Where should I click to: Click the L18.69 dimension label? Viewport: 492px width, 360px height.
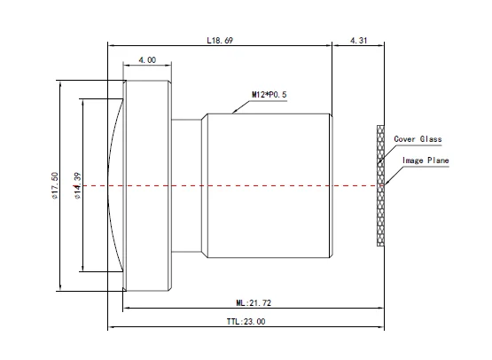coord(219,40)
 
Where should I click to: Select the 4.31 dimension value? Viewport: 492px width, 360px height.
coord(359,40)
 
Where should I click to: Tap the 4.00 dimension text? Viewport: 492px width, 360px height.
coord(146,60)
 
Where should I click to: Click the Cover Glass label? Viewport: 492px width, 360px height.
coord(418,139)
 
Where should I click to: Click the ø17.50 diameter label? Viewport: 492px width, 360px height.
coord(55,185)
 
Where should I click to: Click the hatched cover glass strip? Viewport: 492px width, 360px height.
coord(382,184)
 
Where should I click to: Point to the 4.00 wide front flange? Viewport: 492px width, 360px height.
coord(147,184)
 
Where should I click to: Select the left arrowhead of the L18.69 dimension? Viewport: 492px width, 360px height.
coord(110,45)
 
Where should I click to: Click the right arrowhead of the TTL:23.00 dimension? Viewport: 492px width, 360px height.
coord(384,328)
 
